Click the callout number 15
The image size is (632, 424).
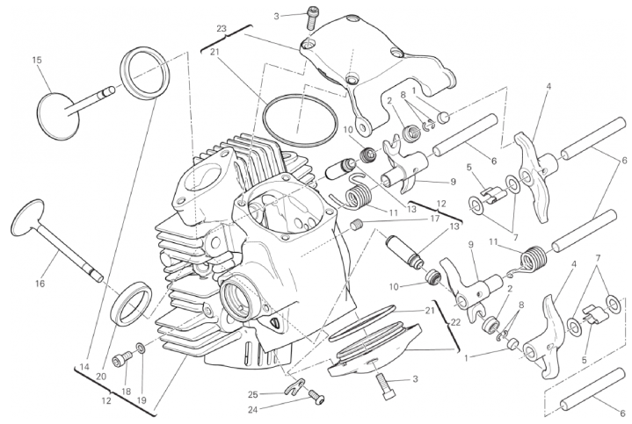click(x=37, y=61)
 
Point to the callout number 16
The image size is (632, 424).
click(x=40, y=284)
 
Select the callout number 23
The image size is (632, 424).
click(x=222, y=29)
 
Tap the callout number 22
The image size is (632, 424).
click(x=456, y=321)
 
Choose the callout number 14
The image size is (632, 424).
click(x=84, y=367)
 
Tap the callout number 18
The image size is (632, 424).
click(x=126, y=392)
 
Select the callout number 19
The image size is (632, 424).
click(x=142, y=400)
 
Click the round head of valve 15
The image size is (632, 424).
click(x=58, y=116)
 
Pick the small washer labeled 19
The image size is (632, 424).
click(x=141, y=347)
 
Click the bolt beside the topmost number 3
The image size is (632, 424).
click(x=312, y=18)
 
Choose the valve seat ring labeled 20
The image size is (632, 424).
click(x=131, y=304)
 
